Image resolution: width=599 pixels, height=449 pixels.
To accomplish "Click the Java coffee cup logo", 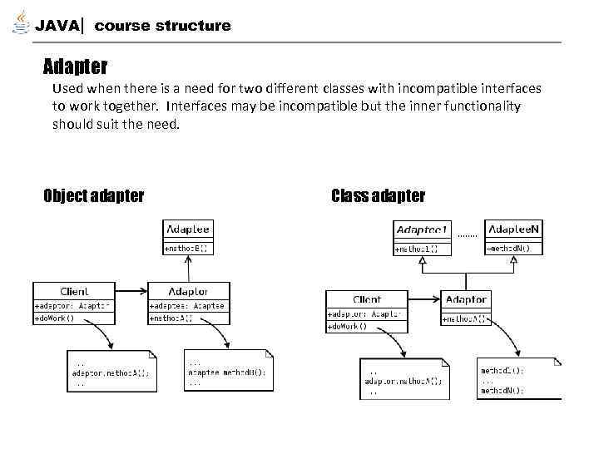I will (20, 23).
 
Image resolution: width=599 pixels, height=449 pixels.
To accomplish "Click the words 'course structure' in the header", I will (162, 26).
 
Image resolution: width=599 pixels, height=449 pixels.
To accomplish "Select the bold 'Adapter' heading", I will (75, 65).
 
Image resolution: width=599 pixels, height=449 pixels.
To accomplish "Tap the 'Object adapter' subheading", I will (93, 196).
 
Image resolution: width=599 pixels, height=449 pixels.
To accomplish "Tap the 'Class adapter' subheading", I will (378, 196).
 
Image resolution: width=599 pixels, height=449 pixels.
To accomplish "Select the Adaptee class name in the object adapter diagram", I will (188, 229).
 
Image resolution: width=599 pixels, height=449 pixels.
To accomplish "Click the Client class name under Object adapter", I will (74, 292).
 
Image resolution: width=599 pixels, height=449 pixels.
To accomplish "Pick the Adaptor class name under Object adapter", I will (188, 292).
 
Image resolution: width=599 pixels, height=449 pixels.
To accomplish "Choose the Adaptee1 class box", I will (422, 237).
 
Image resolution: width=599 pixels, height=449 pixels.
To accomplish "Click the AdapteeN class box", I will (514, 237).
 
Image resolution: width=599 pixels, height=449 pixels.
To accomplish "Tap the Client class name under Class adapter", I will (367, 299).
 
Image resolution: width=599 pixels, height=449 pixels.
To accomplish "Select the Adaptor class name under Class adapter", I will (466, 299).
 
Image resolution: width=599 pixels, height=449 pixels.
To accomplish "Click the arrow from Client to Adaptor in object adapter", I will (130, 292).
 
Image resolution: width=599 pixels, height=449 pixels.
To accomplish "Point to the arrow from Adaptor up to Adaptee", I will (189, 268).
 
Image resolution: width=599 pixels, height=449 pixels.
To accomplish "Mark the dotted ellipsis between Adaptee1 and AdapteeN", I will (468, 235).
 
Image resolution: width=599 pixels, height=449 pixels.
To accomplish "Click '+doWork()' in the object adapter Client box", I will (55, 318).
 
